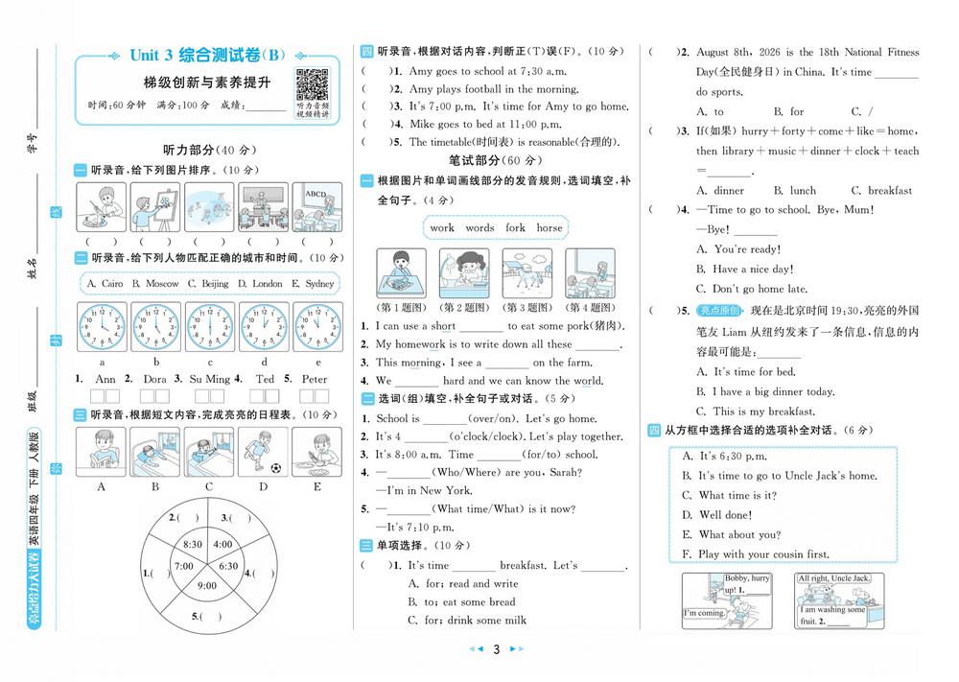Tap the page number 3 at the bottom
click(x=497, y=649)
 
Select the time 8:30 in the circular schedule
click(x=192, y=544)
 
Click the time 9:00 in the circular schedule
click(x=208, y=585)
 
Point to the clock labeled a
click(x=102, y=326)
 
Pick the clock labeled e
click(x=316, y=326)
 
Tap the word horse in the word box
click(x=549, y=228)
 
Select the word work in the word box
click(x=442, y=228)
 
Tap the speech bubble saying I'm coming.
click(x=704, y=612)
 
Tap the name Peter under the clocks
click(x=315, y=379)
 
